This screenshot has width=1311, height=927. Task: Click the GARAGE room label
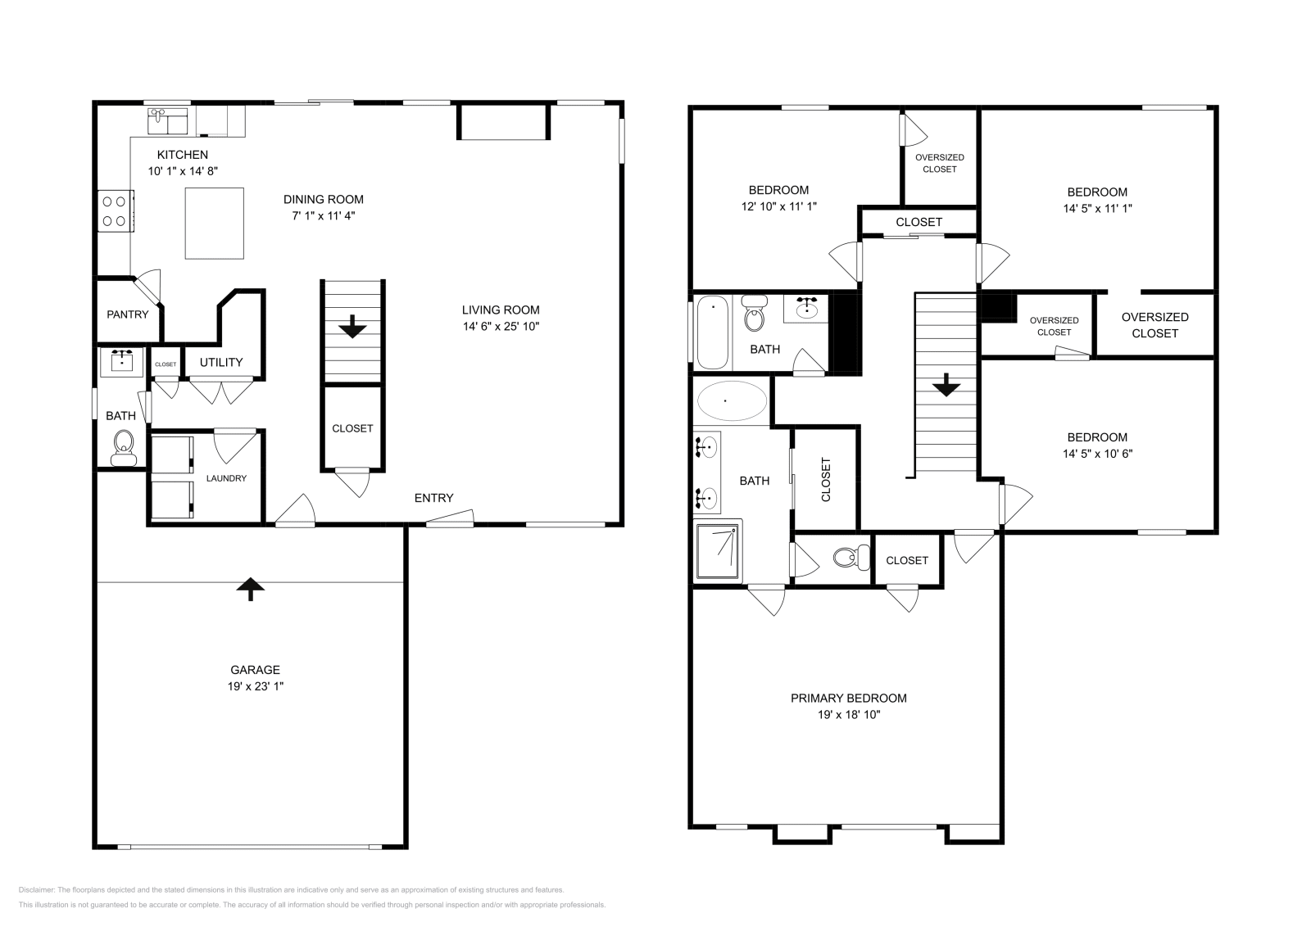coord(255,669)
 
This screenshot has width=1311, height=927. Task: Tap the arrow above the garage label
coord(250,588)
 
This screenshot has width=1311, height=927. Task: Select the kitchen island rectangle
coord(214,223)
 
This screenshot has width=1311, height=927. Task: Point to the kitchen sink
coord(168,120)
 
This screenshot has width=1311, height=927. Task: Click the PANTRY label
coord(128,314)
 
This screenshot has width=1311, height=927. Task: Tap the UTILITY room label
coord(221,362)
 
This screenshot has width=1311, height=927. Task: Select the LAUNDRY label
coord(226,478)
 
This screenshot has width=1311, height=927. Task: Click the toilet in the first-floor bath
coord(124,446)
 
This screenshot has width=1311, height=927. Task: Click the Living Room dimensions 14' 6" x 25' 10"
coord(501,326)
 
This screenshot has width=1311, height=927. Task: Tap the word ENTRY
coord(433,498)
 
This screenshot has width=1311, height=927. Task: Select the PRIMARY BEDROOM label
coord(848,698)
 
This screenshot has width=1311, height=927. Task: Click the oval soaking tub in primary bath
coord(732,401)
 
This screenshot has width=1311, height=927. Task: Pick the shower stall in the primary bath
coord(718,552)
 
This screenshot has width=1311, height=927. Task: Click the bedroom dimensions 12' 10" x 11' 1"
coord(778,207)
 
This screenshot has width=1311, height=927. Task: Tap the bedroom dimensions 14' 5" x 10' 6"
coord(1097,453)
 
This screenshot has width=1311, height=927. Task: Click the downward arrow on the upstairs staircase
coord(946,385)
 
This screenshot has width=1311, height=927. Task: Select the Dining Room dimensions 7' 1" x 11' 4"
coord(323,215)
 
